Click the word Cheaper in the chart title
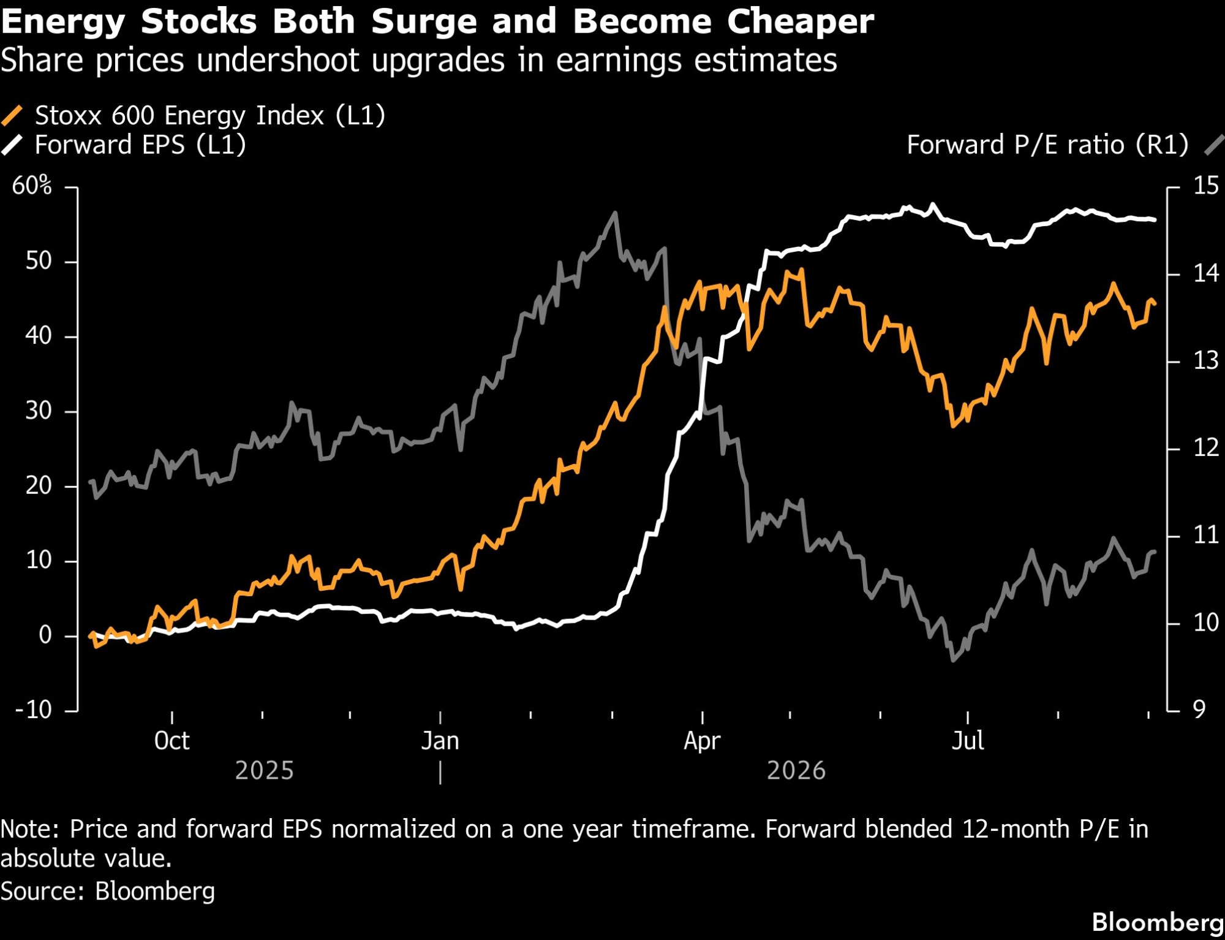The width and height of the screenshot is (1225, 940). [801, 22]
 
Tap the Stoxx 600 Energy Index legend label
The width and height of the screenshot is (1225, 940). [210, 115]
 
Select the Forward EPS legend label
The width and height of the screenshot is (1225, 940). [140, 145]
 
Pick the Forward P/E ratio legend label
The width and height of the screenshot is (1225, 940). [1047, 145]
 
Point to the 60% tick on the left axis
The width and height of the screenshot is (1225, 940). [32, 185]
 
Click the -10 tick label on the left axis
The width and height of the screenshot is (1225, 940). [34, 710]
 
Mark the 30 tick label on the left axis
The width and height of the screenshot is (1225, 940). [39, 411]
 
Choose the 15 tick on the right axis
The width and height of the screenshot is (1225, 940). [1206, 186]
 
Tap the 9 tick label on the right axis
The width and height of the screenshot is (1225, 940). [1199, 710]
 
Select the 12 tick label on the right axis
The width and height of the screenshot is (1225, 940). [1206, 448]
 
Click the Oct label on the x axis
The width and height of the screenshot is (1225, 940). [171, 741]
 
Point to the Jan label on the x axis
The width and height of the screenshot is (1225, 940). [440, 741]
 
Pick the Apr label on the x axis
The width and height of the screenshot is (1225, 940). [702, 741]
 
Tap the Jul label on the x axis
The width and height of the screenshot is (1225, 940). [968, 741]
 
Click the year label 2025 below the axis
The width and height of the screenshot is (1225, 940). [265, 770]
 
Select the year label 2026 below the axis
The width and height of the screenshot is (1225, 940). [796, 770]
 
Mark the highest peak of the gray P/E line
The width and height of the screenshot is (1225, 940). [615, 213]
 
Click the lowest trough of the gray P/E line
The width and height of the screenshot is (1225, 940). [953, 660]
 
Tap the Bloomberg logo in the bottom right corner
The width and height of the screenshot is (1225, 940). [1158, 922]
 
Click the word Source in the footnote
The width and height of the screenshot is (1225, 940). [42, 891]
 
